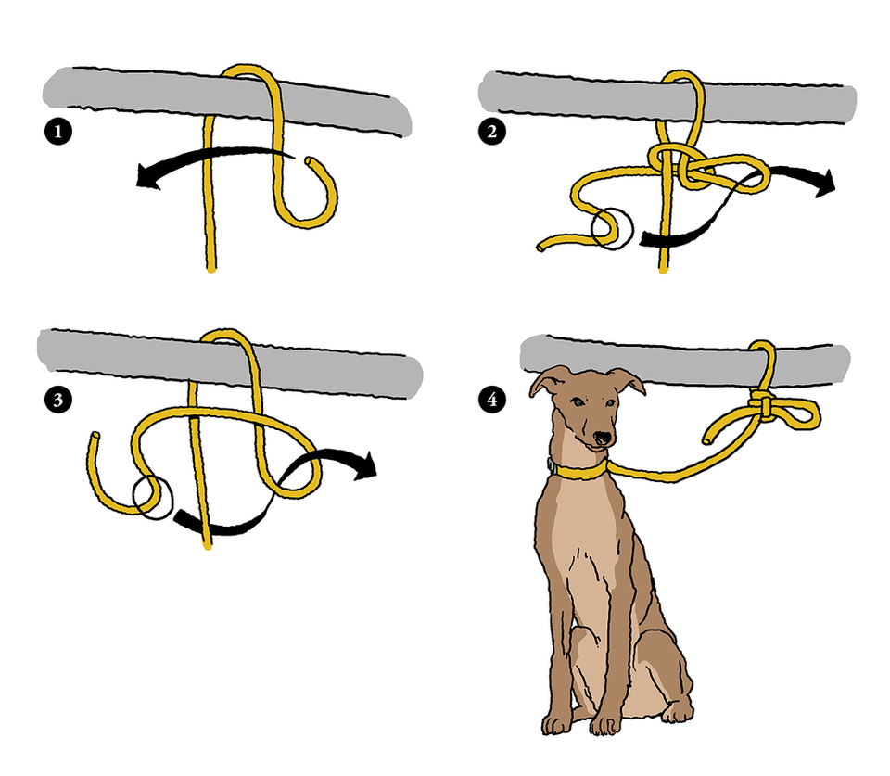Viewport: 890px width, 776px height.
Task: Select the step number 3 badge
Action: pos(57,400)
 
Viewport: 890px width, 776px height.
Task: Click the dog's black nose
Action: pos(602,439)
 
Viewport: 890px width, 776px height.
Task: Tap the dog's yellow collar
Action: pos(581,470)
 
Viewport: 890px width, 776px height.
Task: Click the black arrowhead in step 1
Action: pos(147,174)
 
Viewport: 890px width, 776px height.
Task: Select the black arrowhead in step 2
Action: pos(825,182)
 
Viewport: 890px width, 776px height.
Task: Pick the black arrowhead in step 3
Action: pos(365,465)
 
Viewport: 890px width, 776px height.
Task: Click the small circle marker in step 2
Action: pos(611,229)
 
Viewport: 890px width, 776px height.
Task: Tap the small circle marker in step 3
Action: pos(153,498)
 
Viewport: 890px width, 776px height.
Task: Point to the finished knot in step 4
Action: pos(762,404)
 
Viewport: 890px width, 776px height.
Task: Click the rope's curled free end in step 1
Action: pos(310,162)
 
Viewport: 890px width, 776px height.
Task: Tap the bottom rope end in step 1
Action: pos(210,269)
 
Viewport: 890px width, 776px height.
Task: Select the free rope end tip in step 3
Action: pos(95,436)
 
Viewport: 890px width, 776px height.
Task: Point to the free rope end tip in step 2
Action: pos(540,247)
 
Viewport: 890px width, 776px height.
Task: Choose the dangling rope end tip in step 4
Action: pos(708,439)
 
